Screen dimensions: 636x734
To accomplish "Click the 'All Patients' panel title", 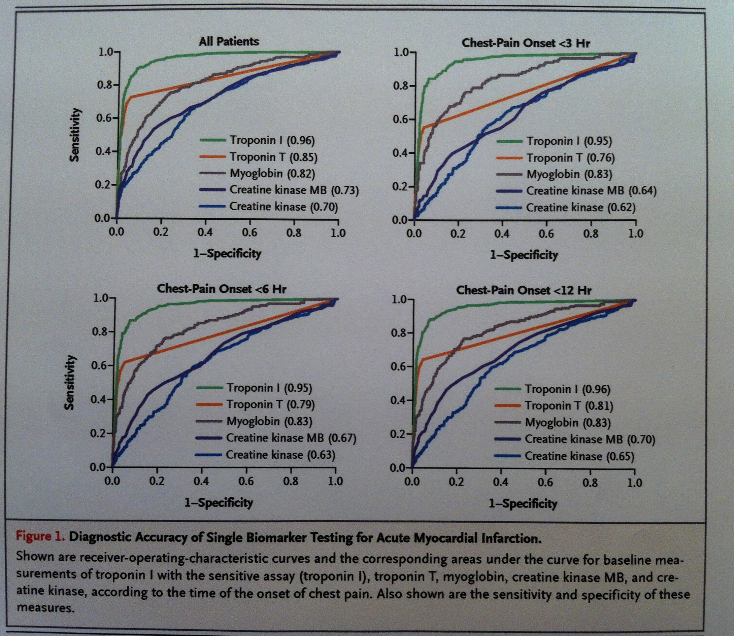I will coord(229,41).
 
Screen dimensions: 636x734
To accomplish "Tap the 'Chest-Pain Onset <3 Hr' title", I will coord(526,43).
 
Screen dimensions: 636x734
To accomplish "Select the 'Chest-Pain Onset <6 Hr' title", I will coord(221,288).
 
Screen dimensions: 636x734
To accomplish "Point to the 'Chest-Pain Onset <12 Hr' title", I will coord(524,290).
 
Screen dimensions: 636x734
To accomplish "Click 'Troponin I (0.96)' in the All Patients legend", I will coord(272,141).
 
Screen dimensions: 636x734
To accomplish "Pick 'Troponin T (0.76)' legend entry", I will coord(570,157).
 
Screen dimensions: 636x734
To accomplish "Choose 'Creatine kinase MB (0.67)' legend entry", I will coord(291,438).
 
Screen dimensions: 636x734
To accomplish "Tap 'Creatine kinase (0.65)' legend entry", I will coord(579,456).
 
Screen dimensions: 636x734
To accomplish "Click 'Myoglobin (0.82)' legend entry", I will coord(272,174).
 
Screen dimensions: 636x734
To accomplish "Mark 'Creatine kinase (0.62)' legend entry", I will coord(580,207).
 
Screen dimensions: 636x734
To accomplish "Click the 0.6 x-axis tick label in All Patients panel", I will coord(249,233).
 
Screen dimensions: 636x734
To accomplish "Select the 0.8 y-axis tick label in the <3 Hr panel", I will coord(401,86).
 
